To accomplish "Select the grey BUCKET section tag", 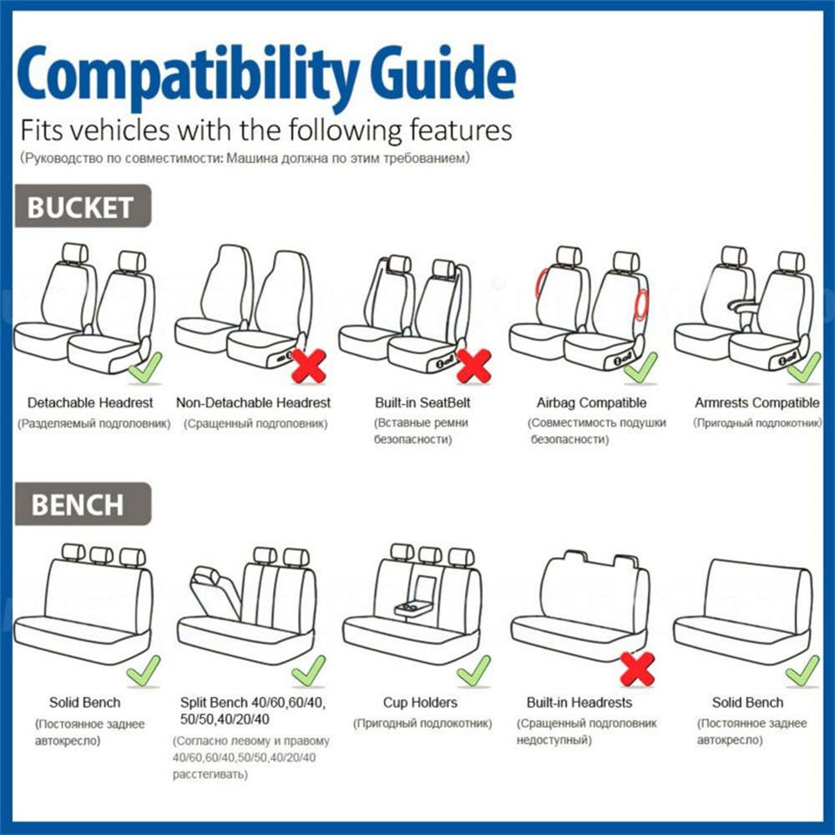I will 81,207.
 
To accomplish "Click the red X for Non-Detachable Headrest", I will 308,366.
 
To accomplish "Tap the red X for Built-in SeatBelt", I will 473,366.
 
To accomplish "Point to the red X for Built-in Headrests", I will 637,669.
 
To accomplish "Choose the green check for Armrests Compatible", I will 803,367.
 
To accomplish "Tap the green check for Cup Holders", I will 473,670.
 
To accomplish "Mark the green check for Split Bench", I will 308,670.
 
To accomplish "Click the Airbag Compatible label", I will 591,403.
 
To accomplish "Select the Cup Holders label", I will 420,703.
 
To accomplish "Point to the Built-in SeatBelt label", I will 423,403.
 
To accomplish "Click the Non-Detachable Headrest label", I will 253,403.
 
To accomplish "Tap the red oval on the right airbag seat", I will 640,306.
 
